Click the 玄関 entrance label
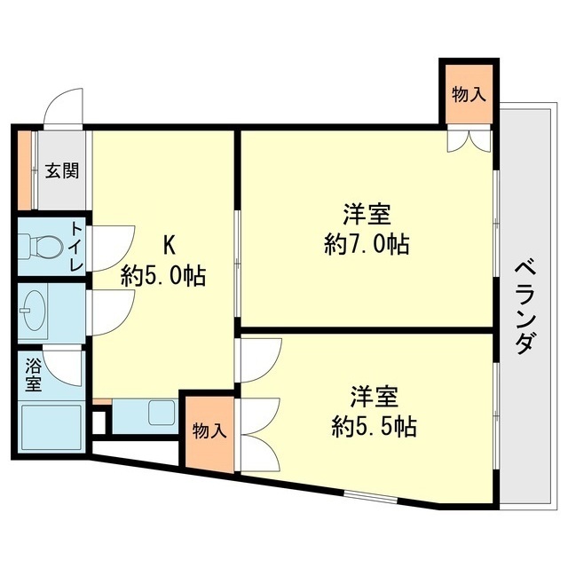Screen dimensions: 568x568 coord(62,170)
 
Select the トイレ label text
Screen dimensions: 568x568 coord(76,247)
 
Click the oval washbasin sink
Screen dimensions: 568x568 coord(33,311)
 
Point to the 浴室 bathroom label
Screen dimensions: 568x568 coord(34,375)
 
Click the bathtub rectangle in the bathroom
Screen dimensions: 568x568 coord(51,428)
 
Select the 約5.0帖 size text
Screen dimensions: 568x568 coord(163,276)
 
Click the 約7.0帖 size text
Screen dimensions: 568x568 coord(367,244)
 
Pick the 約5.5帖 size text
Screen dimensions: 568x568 coord(374,426)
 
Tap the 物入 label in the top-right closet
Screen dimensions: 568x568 coord(469,95)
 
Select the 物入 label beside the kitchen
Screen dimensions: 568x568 coord(209,431)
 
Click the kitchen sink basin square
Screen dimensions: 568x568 coord(162,413)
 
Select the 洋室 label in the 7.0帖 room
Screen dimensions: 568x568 coord(367,215)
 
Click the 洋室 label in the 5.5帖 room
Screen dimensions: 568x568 coord(374,397)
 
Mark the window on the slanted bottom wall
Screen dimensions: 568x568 coord(370,496)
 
